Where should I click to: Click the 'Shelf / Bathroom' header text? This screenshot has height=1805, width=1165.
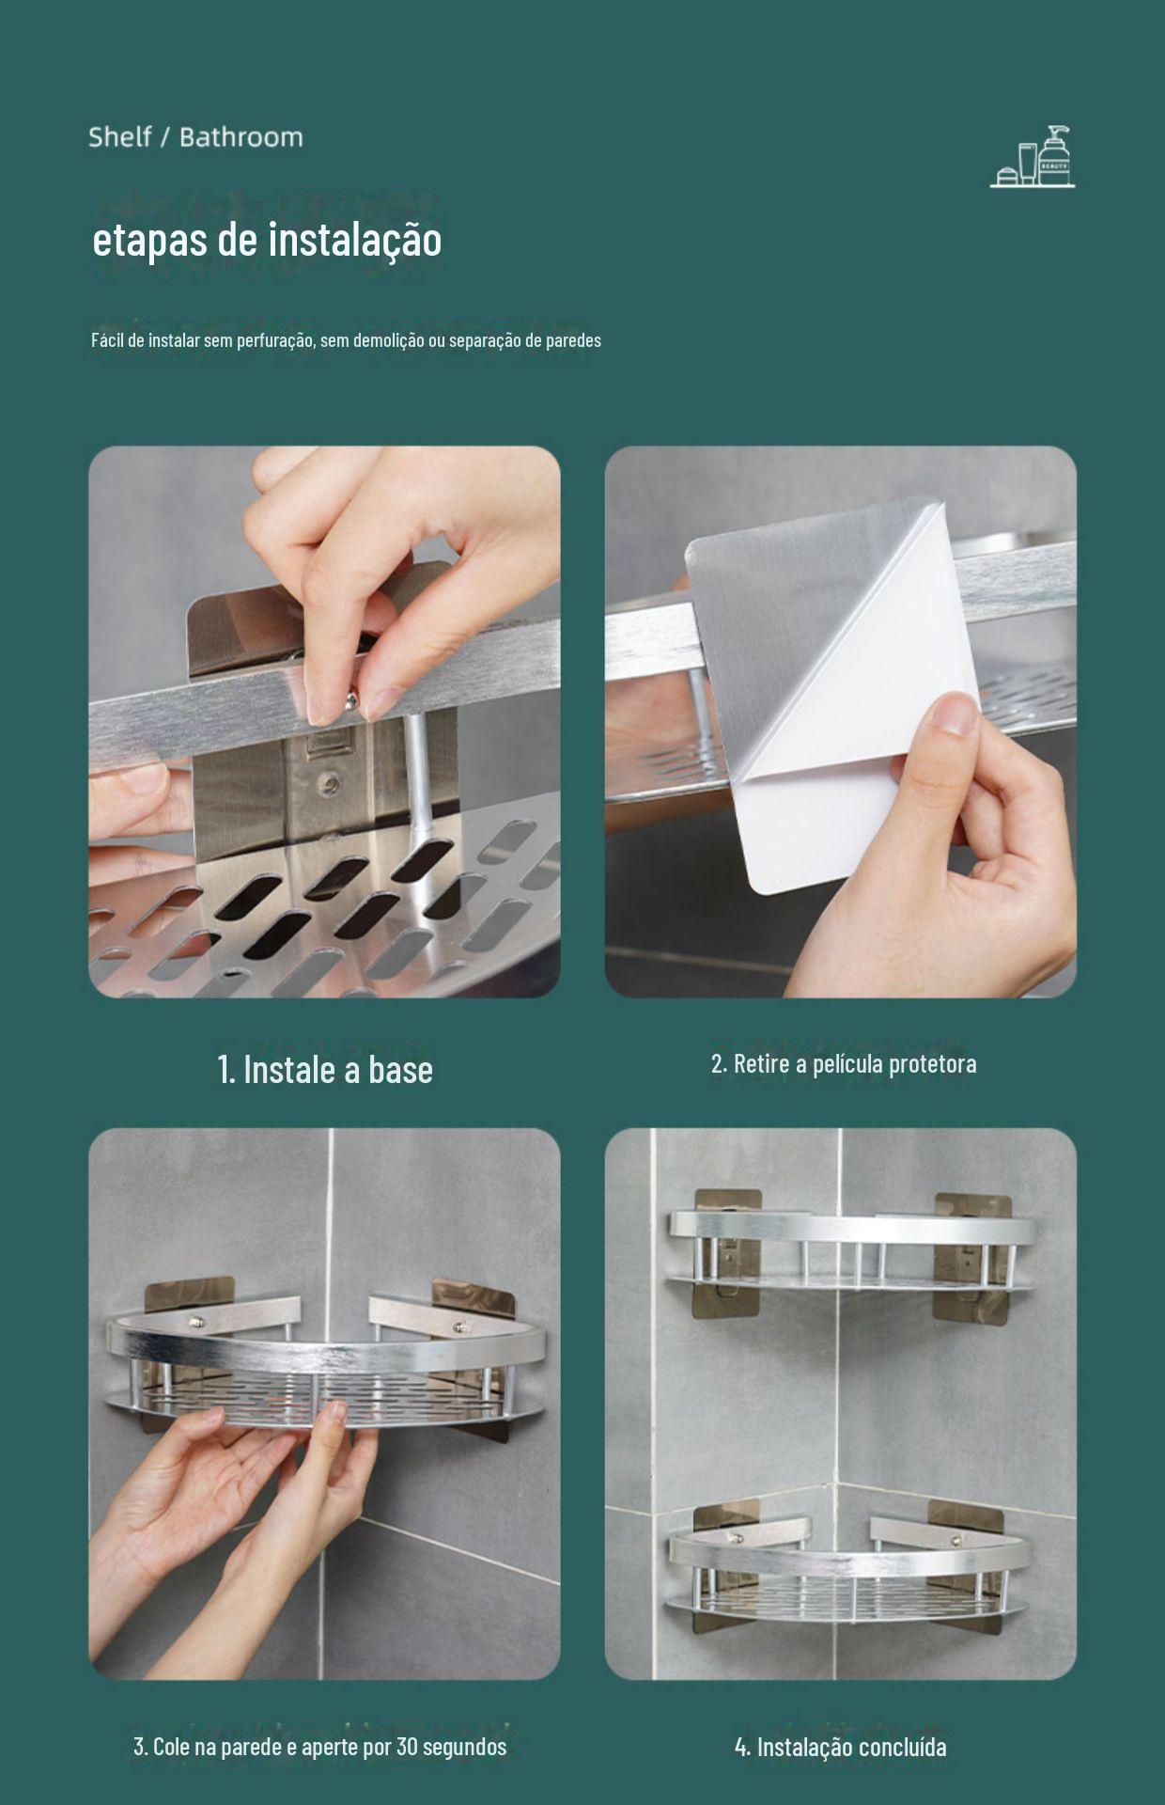[195, 137]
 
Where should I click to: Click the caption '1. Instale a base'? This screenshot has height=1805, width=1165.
[325, 1070]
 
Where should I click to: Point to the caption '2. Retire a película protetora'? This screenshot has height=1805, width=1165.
[844, 1064]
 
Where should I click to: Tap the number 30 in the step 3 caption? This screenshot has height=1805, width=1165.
[407, 1747]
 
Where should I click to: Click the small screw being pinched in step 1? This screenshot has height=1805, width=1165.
[349, 699]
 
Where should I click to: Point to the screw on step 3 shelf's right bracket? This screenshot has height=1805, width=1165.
[460, 1327]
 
